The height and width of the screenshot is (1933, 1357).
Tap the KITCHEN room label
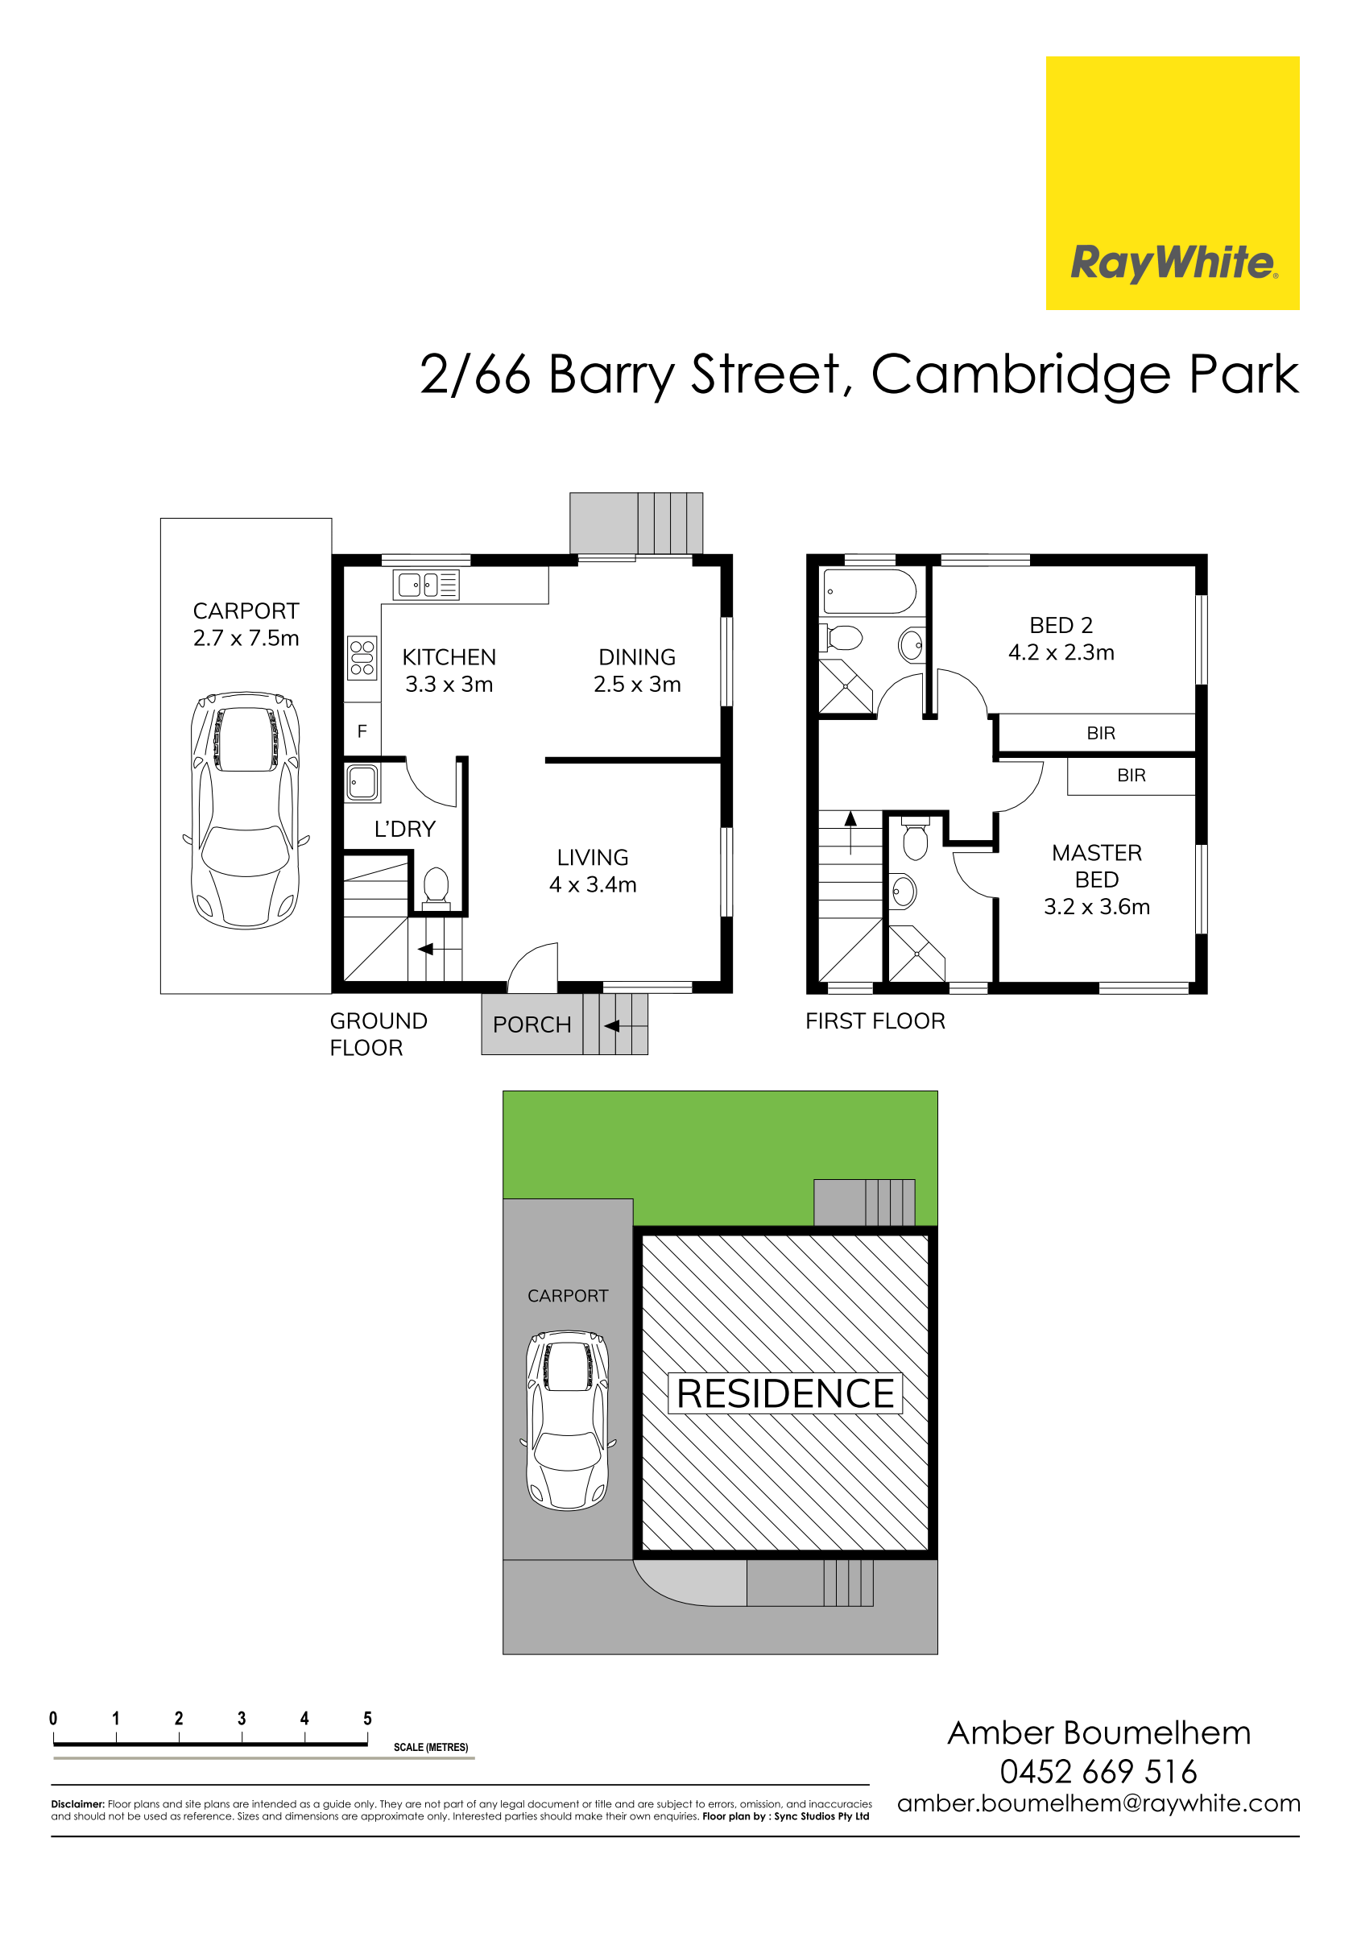coord(449,656)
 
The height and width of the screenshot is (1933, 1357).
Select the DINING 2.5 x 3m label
coord(636,670)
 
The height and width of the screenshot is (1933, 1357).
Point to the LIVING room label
coord(593,857)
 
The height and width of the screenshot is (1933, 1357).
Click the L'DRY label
coord(405,830)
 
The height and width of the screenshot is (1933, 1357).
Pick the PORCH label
coord(532,1024)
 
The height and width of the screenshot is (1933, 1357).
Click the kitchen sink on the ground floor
coord(426,584)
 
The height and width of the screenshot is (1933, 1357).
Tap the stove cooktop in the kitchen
coord(362,657)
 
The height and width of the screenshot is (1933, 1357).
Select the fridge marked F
coord(362,731)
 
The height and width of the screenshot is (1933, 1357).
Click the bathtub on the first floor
coord(870,591)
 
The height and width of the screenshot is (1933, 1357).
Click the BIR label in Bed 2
coord(1100,733)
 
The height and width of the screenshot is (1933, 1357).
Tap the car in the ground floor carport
coord(246,811)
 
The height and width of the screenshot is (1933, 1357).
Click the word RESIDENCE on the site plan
coord(785,1393)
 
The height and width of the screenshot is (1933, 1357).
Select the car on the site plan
coord(569,1420)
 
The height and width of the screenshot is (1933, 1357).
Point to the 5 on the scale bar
coord(367,1718)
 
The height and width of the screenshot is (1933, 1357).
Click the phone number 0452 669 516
coord(1098,1771)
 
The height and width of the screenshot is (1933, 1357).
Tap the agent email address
coord(1098,1804)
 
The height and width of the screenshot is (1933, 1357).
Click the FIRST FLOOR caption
coord(875,1021)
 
